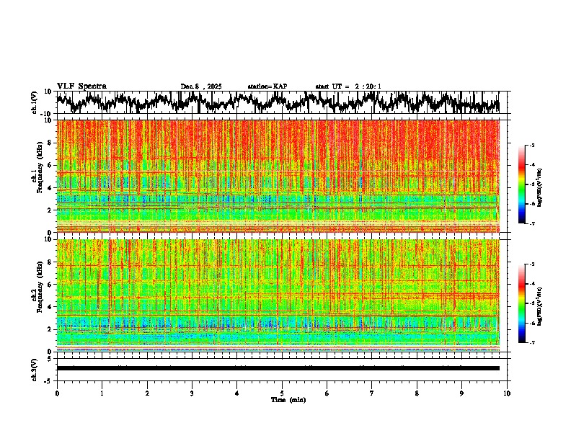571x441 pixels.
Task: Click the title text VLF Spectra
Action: tap(81, 86)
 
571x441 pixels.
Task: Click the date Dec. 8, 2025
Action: tap(201, 86)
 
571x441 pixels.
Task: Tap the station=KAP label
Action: tap(267, 86)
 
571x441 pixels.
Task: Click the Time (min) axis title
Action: tap(288, 400)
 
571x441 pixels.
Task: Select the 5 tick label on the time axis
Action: tap(282, 393)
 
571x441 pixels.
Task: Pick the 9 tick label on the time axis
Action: tap(462, 393)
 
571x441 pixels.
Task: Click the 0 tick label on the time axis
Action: tap(57, 393)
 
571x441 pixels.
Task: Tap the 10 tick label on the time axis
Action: tap(507, 393)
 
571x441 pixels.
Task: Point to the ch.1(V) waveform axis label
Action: tap(35, 102)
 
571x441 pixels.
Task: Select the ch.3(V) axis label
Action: tap(35, 369)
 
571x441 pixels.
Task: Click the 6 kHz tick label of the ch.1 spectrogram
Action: tap(50, 165)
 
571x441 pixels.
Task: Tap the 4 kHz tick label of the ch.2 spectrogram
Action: tap(50, 306)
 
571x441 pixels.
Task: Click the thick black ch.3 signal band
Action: tap(278, 368)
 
